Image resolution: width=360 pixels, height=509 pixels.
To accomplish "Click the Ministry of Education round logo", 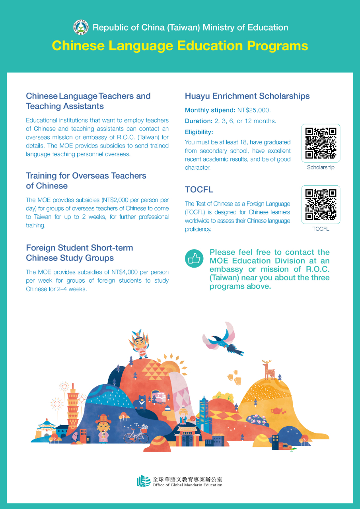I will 81,27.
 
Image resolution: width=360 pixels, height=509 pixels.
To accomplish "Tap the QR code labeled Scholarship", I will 321,143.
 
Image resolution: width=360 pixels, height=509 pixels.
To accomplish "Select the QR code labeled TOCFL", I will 321,204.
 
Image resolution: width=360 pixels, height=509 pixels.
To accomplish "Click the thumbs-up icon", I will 194,258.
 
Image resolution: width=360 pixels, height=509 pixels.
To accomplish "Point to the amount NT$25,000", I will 253,110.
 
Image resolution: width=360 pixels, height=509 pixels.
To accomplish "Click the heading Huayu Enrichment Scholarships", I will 247,96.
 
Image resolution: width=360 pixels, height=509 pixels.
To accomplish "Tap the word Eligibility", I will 199,132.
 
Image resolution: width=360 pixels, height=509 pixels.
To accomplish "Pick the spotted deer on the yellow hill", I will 269,370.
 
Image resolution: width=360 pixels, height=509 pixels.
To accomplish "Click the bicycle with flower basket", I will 136,434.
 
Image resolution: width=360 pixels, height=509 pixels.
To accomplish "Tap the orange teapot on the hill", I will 276,410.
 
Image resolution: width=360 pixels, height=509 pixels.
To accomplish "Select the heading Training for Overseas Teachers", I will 86,176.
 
